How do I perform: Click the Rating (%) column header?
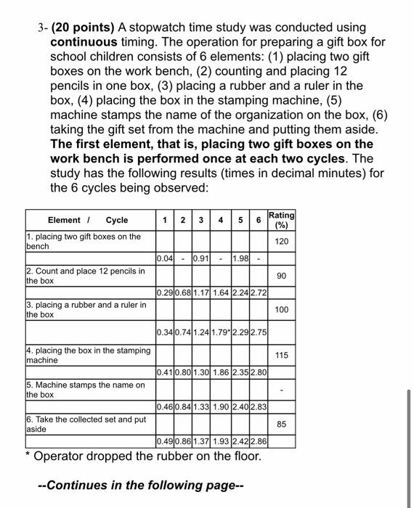click(x=281, y=220)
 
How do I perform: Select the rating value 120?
click(x=282, y=241)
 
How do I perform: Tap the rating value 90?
click(x=282, y=276)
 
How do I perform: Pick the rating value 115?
click(x=282, y=355)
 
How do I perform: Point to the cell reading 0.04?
click(x=165, y=259)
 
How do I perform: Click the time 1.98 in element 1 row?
click(x=240, y=259)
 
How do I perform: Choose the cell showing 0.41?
click(x=165, y=373)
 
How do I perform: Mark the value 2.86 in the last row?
click(x=259, y=441)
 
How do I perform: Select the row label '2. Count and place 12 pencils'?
click(x=85, y=276)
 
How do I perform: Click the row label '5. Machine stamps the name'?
click(x=85, y=390)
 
